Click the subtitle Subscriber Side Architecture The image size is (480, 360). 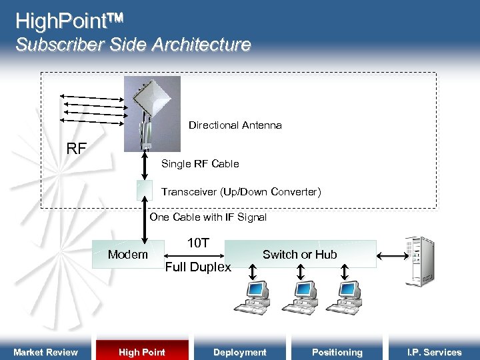coord(133,45)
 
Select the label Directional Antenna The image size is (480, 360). coord(235,125)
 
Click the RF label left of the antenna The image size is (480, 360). coord(77,149)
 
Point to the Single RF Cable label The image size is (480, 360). coord(200,164)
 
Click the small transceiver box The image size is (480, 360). coord(145,191)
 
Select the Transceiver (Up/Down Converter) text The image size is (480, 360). coord(241,192)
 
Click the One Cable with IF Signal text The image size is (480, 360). coord(208,217)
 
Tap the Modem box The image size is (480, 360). coord(128,254)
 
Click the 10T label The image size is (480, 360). coord(198,243)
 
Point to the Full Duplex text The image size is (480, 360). coord(198,267)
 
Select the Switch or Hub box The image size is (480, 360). coord(300,254)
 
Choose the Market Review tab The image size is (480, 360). coord(45,352)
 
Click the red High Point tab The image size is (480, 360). coord(142,352)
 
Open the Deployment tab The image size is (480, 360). coord(239,352)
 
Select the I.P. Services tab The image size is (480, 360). coord(435,352)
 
